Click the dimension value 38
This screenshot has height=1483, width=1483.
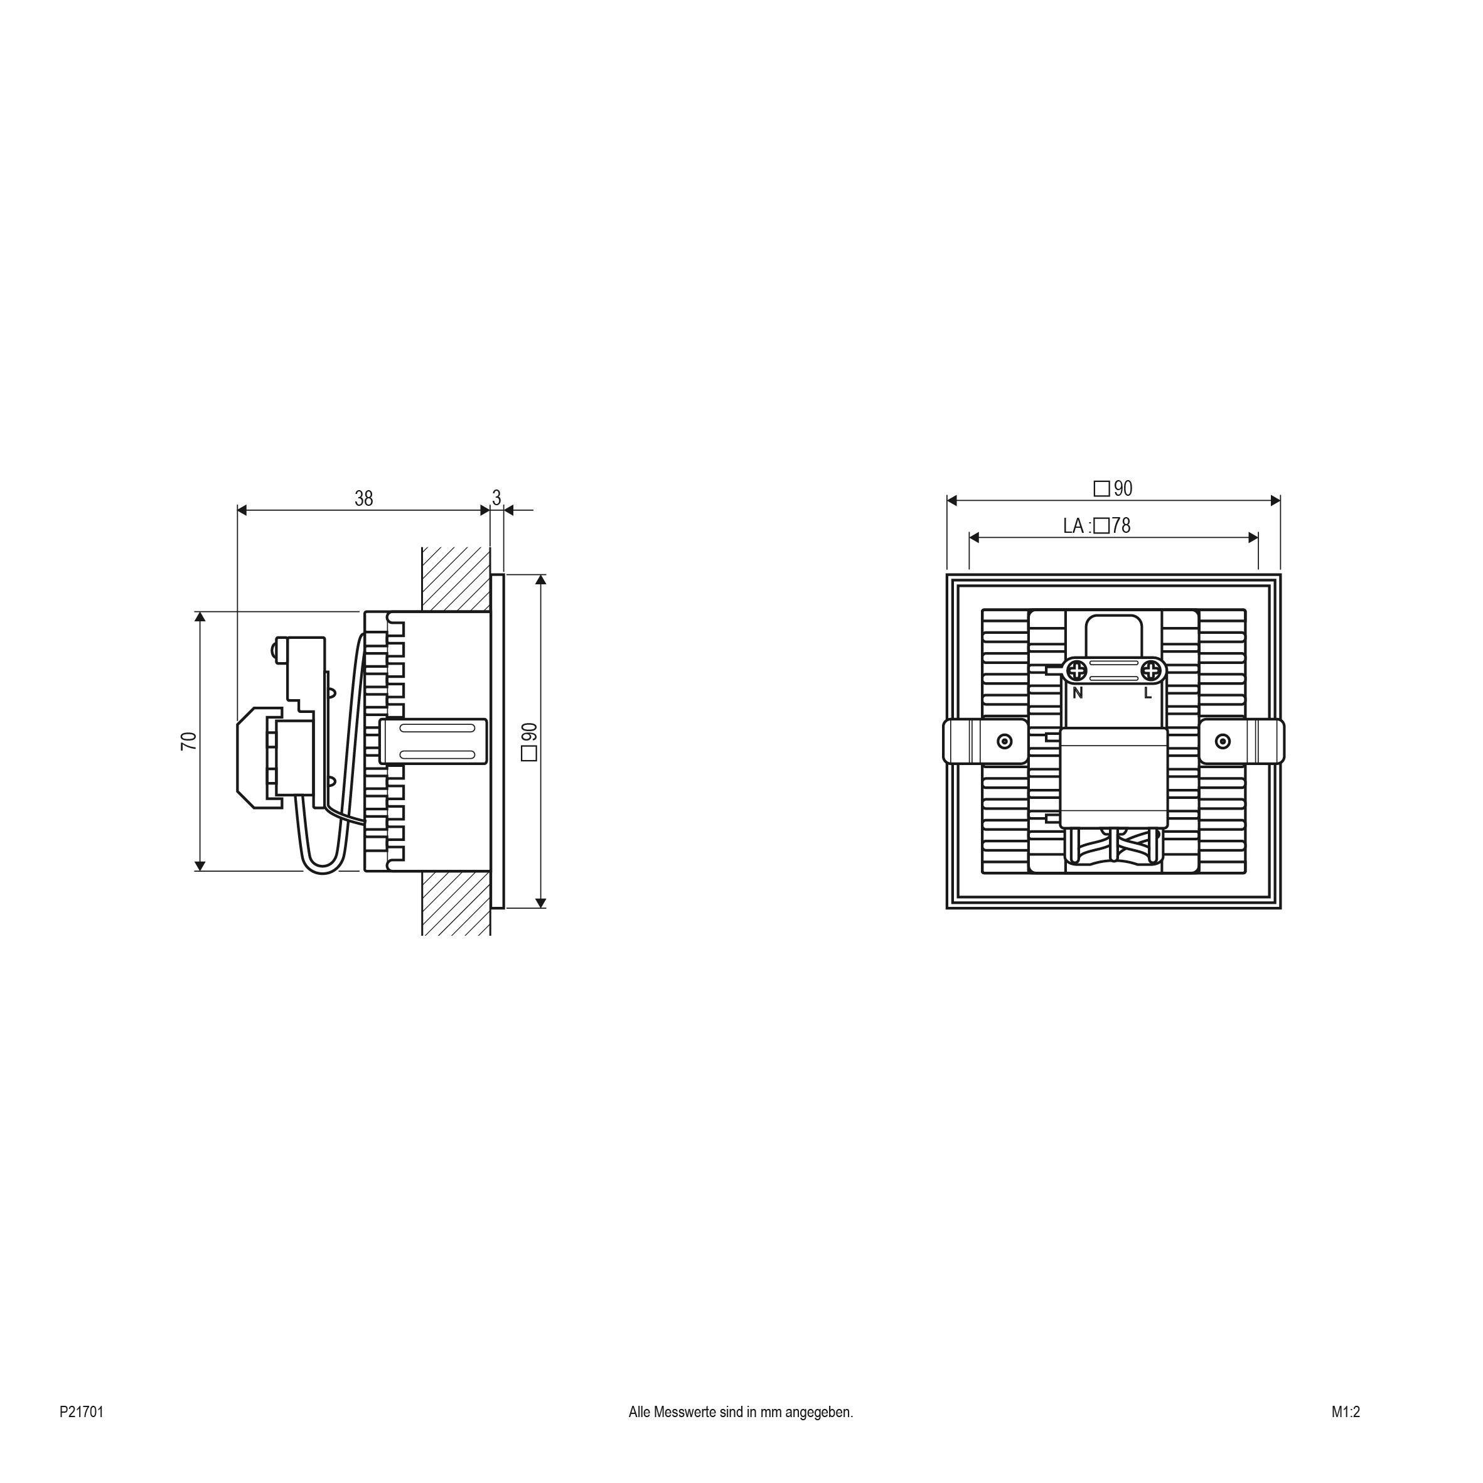pos(364,498)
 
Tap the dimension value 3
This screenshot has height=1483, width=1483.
pos(496,498)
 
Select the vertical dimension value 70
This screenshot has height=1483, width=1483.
pos(189,741)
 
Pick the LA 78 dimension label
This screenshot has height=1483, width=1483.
pos(1097,526)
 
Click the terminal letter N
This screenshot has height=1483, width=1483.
pos(1078,692)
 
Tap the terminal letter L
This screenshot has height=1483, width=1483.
pos(1148,692)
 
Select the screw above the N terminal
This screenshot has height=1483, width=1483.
pos(1078,671)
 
